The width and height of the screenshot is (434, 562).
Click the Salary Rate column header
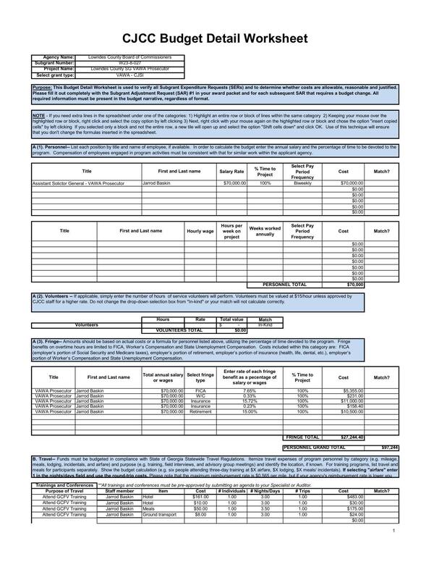pos(231,171)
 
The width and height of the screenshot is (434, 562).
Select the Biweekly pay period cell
pos(302,184)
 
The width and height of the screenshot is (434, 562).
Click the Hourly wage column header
pos(200,231)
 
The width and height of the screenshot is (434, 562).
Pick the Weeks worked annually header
pos(265,231)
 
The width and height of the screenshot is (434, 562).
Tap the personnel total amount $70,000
pos(354,285)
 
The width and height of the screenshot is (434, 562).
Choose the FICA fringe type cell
pos(200,390)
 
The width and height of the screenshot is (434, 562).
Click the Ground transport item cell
pos(163,515)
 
